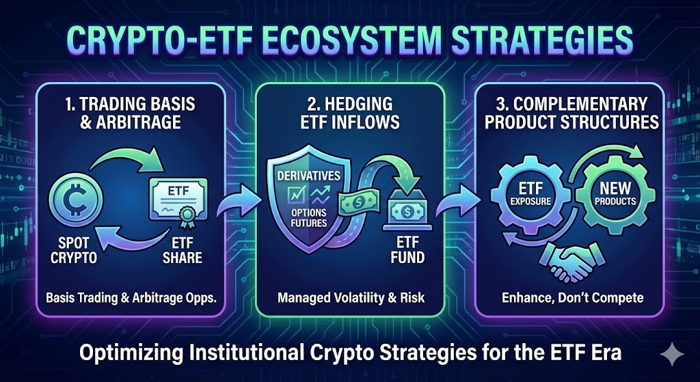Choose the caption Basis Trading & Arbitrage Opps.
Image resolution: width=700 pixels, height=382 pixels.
(x=131, y=298)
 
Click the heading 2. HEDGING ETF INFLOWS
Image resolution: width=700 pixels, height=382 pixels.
(x=349, y=112)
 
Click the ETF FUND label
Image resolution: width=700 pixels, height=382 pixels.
(x=406, y=250)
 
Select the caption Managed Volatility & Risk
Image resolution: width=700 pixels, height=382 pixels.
(x=351, y=298)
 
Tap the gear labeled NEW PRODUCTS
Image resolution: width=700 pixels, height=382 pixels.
(x=615, y=193)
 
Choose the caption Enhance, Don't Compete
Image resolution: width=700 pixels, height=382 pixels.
(x=572, y=298)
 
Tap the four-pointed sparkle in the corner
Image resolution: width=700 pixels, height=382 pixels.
(x=671, y=355)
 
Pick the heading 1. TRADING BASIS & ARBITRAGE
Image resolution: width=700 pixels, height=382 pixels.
(x=131, y=112)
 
